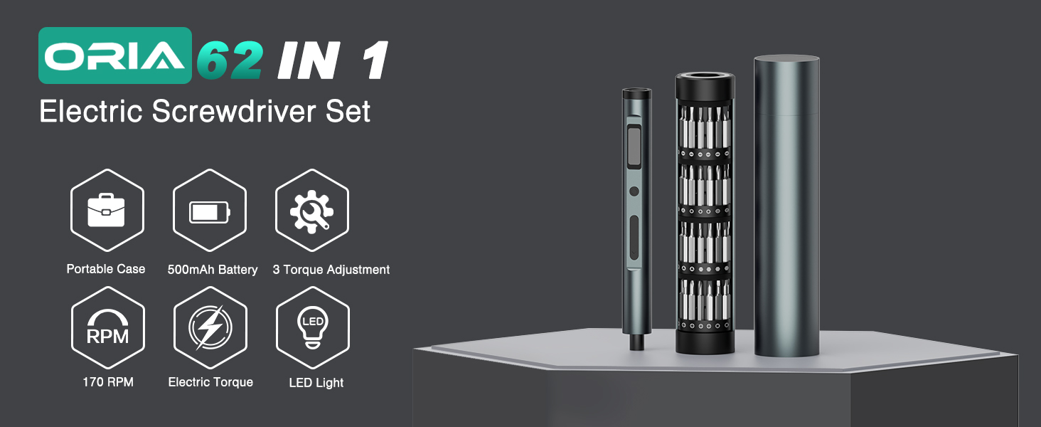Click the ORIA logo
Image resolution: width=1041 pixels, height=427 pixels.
pos(114,56)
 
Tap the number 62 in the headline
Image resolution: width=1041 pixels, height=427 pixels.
pos(230,61)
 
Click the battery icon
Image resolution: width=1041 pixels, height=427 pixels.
pos(210,211)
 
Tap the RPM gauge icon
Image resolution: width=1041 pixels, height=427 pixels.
pos(107,328)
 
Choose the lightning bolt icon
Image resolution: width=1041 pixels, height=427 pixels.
pos(210,328)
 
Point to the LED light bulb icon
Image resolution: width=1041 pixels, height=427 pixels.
pos(312,328)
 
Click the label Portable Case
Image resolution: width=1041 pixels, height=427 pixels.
pos(106,269)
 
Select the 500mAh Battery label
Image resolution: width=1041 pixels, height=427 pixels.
pos(213,270)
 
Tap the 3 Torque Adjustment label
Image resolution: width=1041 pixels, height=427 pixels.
pos(331,270)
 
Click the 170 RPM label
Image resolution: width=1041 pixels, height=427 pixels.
pos(108,382)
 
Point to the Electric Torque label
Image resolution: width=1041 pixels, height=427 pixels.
pos(210,382)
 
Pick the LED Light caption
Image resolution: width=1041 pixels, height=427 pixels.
pos(316,383)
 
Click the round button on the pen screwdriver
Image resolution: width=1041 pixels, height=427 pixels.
pos(634,191)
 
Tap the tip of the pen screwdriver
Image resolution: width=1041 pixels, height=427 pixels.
pos(636,346)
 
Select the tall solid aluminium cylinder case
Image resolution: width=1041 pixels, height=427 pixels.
pos(786,206)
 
